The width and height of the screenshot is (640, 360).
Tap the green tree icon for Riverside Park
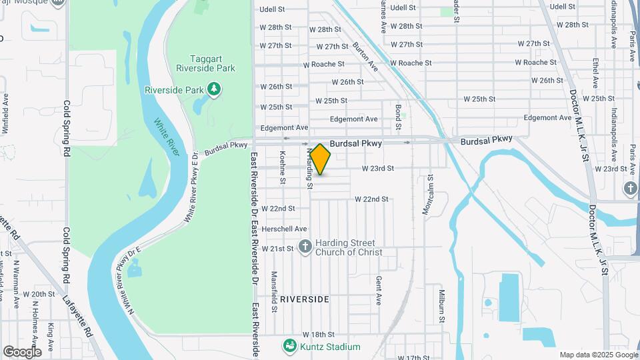[x=213, y=89]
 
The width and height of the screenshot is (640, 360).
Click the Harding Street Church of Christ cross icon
[x=305, y=247]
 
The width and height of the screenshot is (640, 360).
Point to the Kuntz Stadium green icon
[x=289, y=347]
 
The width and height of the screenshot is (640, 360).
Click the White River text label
[x=167, y=137]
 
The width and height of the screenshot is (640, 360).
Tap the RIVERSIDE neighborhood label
[x=304, y=299]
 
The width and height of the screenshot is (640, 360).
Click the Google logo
[x=22, y=351]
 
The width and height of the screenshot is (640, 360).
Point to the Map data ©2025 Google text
[x=598, y=355]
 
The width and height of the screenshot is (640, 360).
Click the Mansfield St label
[x=273, y=291]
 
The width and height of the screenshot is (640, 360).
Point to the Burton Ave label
[x=365, y=57]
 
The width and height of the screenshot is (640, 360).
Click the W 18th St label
[x=317, y=334]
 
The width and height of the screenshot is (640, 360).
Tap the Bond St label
[x=398, y=116]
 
